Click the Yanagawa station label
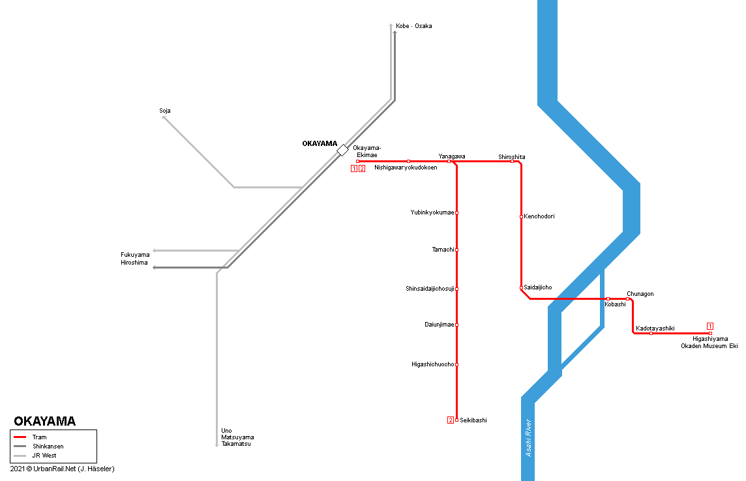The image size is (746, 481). (451, 156)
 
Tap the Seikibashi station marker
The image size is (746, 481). (456, 420)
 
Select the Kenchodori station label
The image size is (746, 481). (539, 216)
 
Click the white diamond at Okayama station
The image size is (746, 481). (343, 150)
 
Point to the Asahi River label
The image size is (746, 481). (530, 437)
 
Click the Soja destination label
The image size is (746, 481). (165, 111)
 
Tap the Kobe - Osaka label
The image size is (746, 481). (414, 26)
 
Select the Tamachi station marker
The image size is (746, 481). (456, 250)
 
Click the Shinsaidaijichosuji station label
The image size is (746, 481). (430, 289)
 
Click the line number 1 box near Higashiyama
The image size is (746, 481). (710, 326)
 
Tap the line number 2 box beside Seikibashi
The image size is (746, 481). (450, 420)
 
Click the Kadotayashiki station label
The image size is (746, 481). (655, 328)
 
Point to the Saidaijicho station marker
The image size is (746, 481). (522, 287)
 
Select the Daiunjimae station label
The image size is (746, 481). (439, 325)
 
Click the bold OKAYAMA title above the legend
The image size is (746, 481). (44, 421)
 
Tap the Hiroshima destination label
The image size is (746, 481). (134, 263)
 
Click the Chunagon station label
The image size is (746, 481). (640, 294)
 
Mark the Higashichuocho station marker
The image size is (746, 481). (456, 364)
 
